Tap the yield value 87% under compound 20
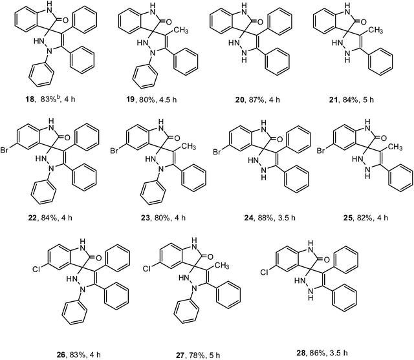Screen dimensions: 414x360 coord(256,100)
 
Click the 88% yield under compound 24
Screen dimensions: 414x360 coord(265,218)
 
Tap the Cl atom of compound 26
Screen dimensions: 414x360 coord(36,269)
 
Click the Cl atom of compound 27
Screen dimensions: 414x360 coord(147,269)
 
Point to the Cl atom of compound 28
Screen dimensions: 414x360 coord(265,272)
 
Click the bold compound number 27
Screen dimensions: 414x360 coord(180,355)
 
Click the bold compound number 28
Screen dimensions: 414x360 coord(301,353)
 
